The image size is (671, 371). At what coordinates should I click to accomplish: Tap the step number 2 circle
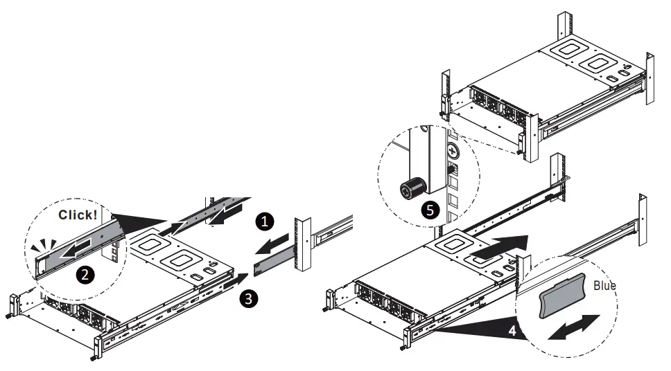85,275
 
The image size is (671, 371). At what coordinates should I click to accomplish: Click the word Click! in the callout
78,215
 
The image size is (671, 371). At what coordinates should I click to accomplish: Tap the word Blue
604,285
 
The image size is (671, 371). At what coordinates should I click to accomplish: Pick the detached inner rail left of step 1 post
274,262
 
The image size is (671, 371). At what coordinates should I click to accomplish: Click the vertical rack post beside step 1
302,246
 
